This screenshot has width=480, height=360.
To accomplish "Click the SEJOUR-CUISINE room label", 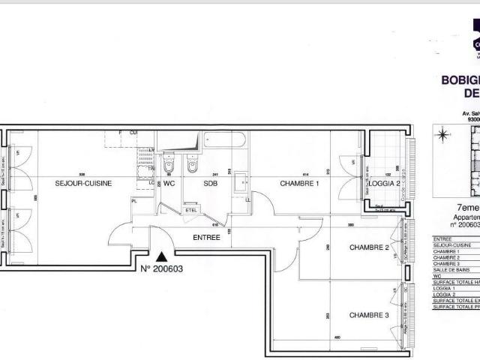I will [83, 183].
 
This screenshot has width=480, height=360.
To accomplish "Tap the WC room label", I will [169, 183].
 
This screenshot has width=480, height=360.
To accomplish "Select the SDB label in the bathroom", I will [210, 183].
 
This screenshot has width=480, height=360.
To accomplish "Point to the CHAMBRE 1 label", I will [300, 183].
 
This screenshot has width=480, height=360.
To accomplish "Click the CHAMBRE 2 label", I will [369, 247].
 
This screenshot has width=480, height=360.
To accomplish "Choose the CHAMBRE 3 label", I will [369, 315].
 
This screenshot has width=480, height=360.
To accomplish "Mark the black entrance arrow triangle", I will [159, 257].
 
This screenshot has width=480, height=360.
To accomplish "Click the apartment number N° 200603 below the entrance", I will [162, 268].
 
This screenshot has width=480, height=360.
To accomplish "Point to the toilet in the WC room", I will [169, 163].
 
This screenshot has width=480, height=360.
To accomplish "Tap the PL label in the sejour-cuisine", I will [134, 200].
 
